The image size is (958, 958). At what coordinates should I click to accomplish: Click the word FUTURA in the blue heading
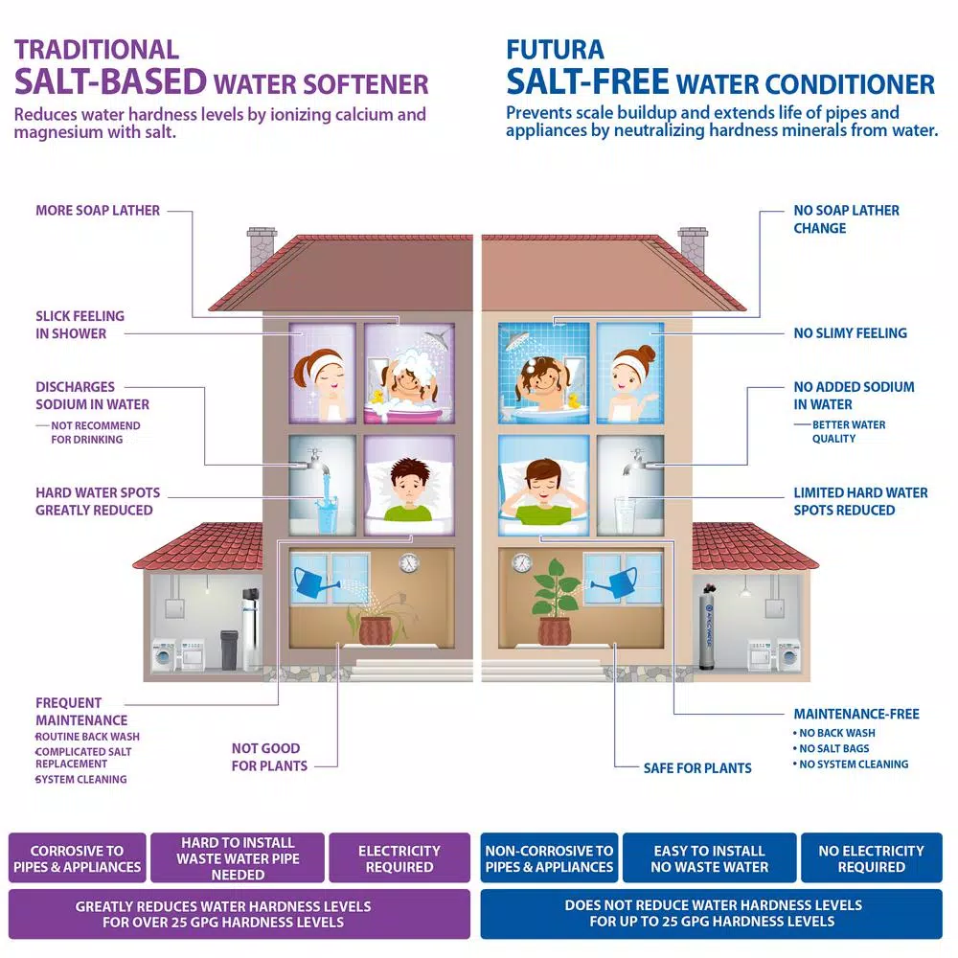tap(555, 50)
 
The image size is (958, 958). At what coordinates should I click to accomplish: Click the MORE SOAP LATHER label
tap(98, 210)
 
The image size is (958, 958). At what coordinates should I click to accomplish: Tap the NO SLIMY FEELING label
tap(850, 333)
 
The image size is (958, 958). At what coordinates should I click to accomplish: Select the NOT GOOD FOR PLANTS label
tap(269, 757)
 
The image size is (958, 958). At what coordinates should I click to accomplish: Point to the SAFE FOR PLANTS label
tap(697, 768)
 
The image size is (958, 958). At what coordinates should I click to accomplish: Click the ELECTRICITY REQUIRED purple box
tap(399, 857)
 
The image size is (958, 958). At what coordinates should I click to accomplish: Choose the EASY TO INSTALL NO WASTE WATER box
tap(709, 857)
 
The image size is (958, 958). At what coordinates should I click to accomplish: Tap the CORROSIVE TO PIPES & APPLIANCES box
tap(77, 857)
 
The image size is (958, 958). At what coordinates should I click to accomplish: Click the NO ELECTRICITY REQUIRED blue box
tap(871, 857)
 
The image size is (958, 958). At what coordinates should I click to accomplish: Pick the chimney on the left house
tap(262, 249)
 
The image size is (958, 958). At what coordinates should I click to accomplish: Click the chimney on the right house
tap(693, 249)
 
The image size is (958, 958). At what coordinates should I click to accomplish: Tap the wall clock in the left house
tap(409, 562)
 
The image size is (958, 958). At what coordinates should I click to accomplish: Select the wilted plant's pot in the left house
tap(376, 630)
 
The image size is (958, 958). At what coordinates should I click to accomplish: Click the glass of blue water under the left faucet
tap(327, 516)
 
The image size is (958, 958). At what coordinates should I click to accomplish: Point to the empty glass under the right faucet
tap(625, 515)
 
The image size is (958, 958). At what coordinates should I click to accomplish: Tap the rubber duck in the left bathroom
tap(376, 398)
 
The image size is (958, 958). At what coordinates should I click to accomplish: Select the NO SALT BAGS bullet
tap(831, 748)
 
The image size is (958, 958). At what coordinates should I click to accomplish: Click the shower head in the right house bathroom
tap(516, 339)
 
